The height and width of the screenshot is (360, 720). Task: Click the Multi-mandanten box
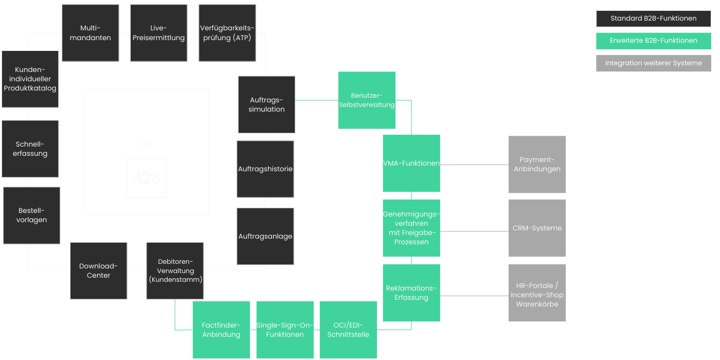click(x=91, y=33)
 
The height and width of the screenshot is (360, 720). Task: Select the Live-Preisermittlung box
click(x=159, y=33)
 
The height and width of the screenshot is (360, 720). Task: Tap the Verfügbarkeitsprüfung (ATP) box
click(x=227, y=33)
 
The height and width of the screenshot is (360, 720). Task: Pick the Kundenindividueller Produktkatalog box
click(x=30, y=79)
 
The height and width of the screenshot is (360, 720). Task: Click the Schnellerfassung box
click(x=30, y=149)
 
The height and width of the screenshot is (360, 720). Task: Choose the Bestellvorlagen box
click(x=31, y=215)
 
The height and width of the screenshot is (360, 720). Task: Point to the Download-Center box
click(x=99, y=271)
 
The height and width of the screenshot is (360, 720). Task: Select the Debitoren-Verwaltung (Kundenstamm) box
click(x=175, y=271)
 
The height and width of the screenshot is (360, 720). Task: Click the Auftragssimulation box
click(x=266, y=104)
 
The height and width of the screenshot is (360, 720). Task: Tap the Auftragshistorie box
click(x=265, y=169)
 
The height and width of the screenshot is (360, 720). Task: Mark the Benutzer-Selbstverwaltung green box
click(x=367, y=100)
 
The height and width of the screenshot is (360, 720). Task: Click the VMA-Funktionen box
click(x=411, y=164)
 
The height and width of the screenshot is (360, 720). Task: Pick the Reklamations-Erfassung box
click(x=411, y=293)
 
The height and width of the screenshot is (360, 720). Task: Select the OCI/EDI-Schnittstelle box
click(x=349, y=330)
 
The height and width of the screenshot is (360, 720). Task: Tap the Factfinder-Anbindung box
click(x=222, y=330)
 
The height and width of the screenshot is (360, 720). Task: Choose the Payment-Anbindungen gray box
click(x=537, y=164)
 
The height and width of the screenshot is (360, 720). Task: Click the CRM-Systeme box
click(x=537, y=228)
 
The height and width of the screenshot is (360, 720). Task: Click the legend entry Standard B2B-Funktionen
click(x=654, y=19)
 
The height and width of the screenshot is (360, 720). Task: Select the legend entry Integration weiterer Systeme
click(x=654, y=63)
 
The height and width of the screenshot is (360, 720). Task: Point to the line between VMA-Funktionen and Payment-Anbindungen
click(x=474, y=165)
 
